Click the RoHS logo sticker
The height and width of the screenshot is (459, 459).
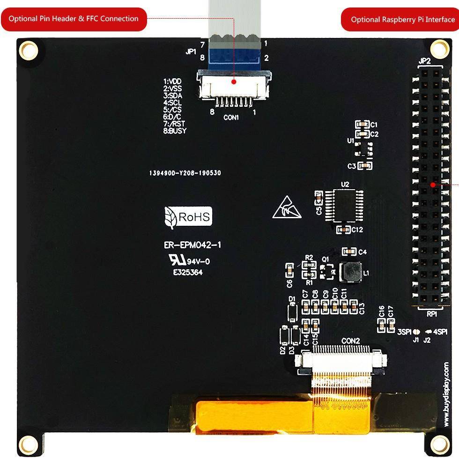point(189,217)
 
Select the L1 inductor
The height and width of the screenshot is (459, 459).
point(351,272)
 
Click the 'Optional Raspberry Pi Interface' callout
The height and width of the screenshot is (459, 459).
point(402,20)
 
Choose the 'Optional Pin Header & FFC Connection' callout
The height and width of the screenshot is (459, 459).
point(74,19)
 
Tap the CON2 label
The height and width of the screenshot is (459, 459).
point(350,341)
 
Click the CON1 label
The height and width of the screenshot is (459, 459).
point(231,118)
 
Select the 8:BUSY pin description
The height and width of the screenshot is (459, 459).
point(175,131)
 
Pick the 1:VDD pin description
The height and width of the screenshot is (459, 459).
point(172,81)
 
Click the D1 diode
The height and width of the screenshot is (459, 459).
point(292,311)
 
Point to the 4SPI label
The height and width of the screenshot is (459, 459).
point(441,332)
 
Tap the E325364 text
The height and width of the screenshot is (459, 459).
point(188,272)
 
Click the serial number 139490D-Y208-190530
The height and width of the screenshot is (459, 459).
point(185,173)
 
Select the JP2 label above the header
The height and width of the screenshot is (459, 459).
point(424,61)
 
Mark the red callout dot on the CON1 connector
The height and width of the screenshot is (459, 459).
point(234,81)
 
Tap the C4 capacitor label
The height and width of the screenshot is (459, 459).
point(362,252)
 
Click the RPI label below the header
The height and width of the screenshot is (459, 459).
point(432,313)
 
